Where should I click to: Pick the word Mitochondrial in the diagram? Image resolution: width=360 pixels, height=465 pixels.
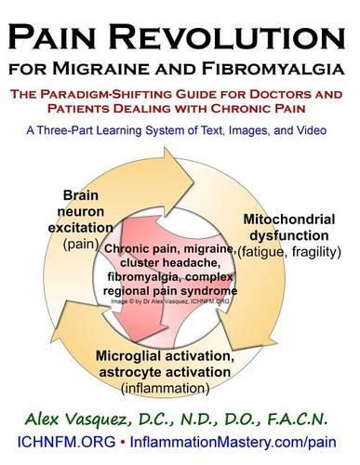pyautogui.click(x=288, y=219)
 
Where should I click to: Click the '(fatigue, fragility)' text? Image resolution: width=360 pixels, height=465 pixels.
pyautogui.click(x=288, y=252)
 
